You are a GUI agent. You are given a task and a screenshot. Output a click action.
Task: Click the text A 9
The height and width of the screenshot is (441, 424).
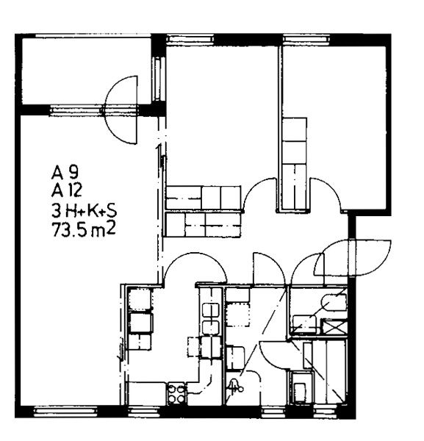coord(65,173)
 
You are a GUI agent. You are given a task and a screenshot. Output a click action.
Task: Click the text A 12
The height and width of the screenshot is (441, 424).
coord(67,191)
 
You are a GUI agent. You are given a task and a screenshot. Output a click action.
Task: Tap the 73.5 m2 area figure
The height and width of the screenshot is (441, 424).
coord(84,229)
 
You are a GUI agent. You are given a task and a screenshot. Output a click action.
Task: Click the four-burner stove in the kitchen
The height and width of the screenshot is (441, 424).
coord(176,394)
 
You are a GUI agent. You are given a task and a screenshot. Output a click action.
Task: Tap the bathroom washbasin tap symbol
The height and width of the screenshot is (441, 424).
coord(234,386)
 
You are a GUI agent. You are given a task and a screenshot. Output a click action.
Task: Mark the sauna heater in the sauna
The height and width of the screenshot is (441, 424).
coord(301,387)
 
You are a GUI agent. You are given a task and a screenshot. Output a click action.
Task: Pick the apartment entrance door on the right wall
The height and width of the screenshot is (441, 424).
coord(352,257)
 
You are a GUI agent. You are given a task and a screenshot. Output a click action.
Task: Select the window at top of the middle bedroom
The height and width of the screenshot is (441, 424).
coord(190,39)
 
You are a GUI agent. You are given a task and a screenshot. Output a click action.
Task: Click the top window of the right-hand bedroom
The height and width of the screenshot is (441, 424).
coord(306,39)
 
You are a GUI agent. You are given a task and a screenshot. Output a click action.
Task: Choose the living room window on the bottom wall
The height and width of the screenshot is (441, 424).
coord(65,411)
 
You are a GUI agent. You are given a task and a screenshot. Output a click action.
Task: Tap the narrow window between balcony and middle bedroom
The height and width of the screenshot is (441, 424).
coord(159,79)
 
